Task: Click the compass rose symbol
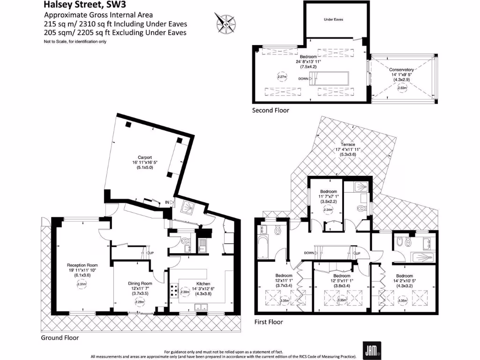point(225,22)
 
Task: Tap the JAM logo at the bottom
point(372,349)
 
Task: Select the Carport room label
point(145,157)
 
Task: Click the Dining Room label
point(140,283)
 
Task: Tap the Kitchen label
point(202,283)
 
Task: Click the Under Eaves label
point(333,20)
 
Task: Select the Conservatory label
point(401,69)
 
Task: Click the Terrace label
point(348,144)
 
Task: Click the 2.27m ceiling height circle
point(282,76)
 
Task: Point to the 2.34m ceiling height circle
point(328,210)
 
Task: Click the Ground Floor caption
point(60,337)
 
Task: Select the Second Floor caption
point(270,111)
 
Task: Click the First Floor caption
point(269,322)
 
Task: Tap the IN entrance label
point(166,202)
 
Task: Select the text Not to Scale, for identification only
point(75,42)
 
